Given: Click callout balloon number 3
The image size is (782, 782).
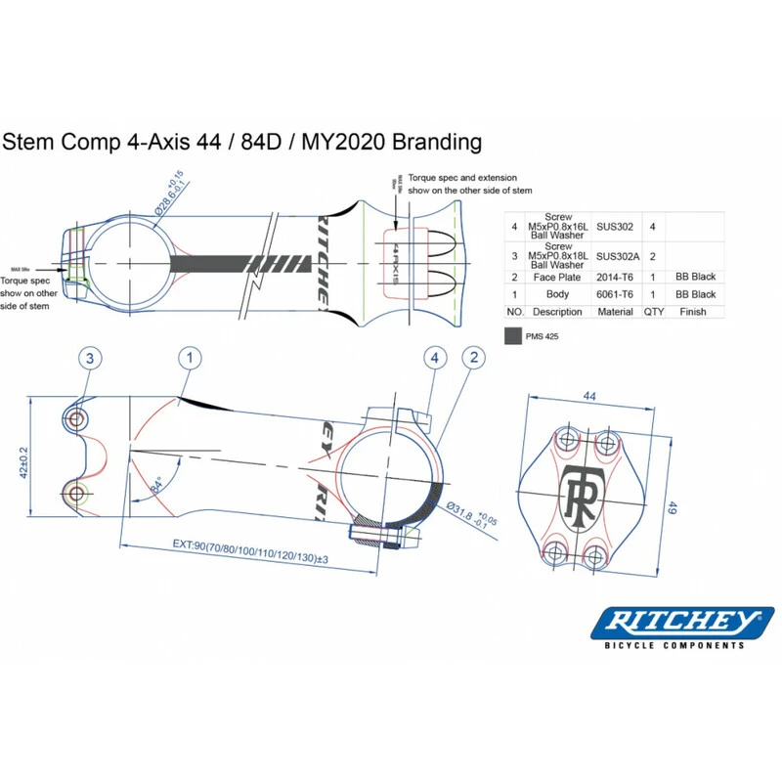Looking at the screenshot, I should [x=89, y=358].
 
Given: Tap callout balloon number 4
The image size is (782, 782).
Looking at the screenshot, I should [x=435, y=358].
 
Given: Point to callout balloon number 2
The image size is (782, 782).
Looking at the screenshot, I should [x=473, y=358].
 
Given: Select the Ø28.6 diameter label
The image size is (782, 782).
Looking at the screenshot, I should [x=167, y=195].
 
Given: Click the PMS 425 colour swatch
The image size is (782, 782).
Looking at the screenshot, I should [x=512, y=335].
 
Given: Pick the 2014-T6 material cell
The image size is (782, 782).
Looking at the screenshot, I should [x=615, y=277].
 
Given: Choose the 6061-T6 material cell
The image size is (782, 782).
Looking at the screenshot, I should [x=615, y=293].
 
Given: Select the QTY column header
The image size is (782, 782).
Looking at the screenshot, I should [x=652, y=311].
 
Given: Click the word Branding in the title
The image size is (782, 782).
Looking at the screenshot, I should [x=435, y=142].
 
